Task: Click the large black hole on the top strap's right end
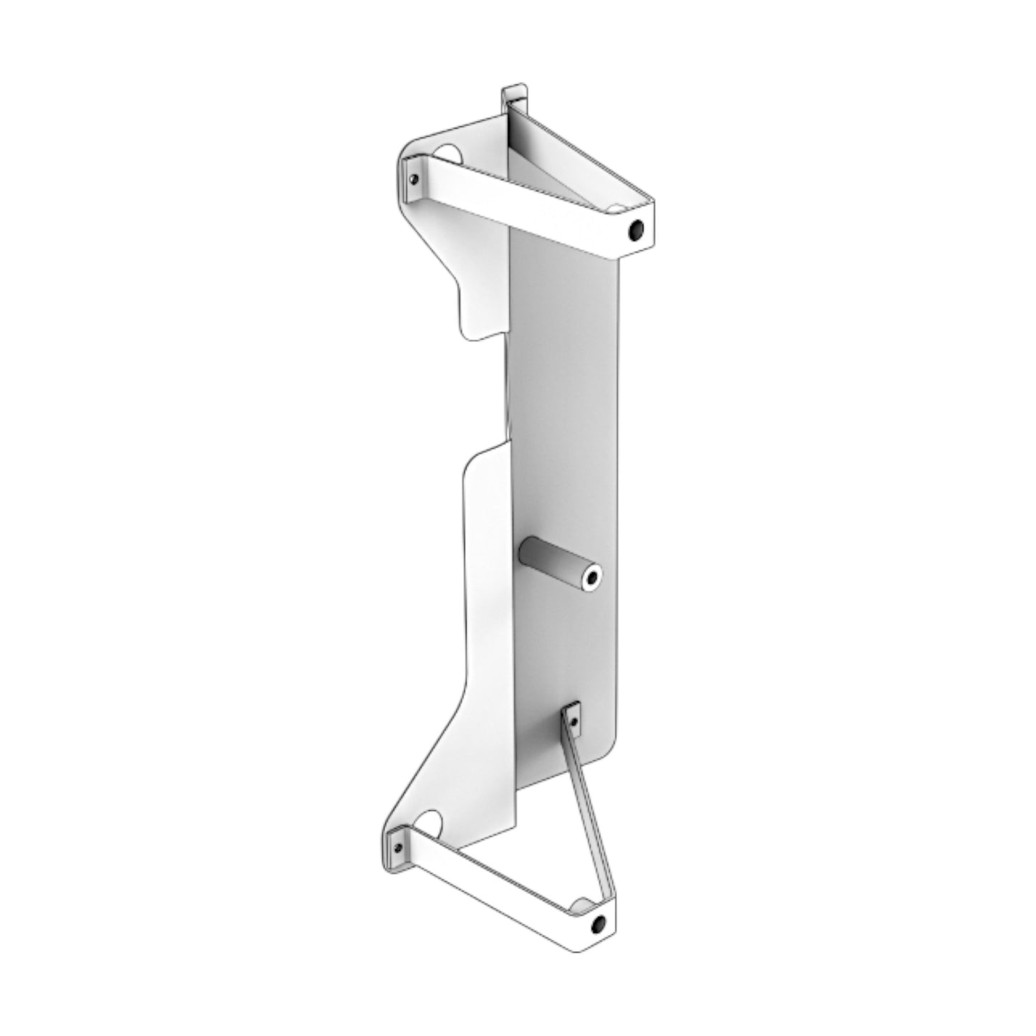635,230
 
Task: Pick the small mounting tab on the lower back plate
573,718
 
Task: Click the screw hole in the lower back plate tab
573,713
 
